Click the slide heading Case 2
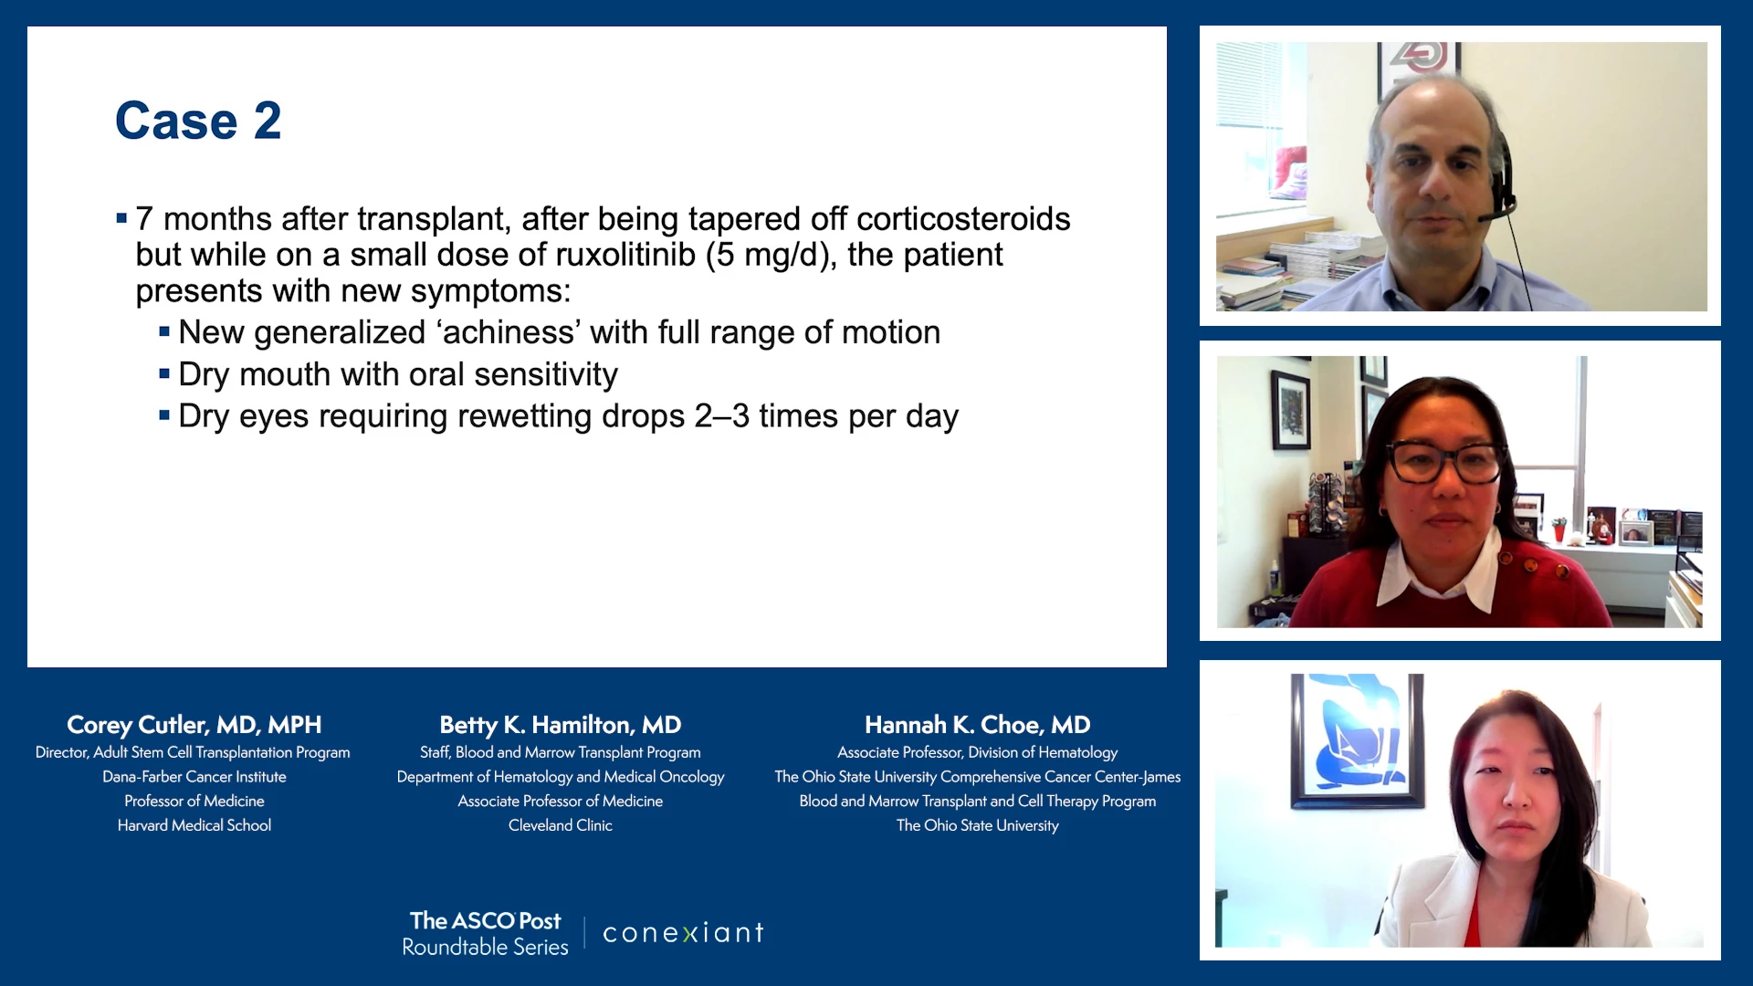point(198,121)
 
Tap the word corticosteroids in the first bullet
point(963,219)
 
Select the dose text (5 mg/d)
point(772,256)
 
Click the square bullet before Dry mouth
point(164,373)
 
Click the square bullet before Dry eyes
point(164,415)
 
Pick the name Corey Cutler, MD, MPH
point(194,725)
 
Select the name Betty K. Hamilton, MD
point(561,725)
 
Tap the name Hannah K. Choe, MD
point(978,725)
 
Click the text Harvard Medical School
point(194,825)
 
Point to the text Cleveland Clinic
point(561,825)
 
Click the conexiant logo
point(683,932)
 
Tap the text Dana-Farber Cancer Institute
point(194,777)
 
